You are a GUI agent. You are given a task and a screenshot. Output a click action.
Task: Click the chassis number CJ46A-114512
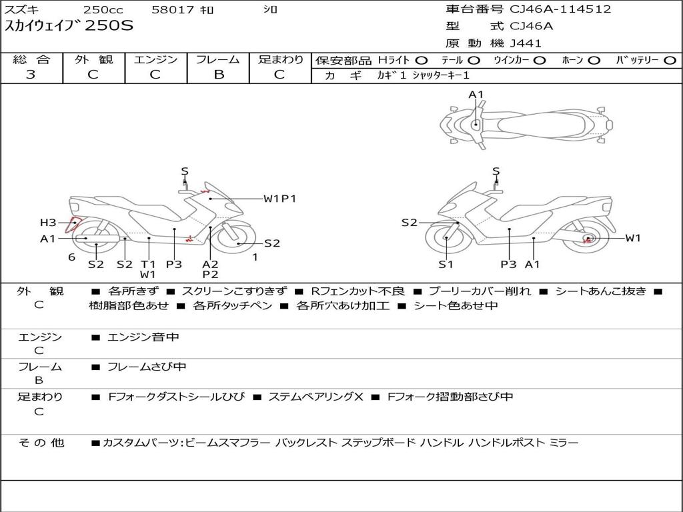(560, 9)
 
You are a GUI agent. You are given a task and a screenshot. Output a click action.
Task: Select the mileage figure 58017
(173, 9)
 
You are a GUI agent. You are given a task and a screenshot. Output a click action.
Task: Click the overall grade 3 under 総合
(31, 74)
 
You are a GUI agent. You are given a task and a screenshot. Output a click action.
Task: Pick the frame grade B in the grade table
(219, 75)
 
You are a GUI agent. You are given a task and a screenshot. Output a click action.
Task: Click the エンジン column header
(155, 59)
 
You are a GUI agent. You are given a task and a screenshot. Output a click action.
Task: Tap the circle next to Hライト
(422, 61)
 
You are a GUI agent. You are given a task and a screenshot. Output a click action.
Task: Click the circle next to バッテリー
(670, 61)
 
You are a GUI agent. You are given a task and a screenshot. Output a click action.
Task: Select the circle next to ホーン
(594, 61)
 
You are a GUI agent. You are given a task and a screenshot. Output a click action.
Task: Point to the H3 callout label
(48, 223)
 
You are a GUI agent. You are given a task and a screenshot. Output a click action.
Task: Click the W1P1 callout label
(279, 199)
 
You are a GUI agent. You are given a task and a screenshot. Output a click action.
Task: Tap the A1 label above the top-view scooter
(476, 95)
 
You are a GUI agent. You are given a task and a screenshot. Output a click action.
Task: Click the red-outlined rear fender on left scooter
(72, 224)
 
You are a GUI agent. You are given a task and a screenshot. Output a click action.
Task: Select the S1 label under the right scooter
(446, 264)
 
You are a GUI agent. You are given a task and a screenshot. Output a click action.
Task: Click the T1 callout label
(148, 264)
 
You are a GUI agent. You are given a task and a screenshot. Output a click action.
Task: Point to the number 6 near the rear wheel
(72, 257)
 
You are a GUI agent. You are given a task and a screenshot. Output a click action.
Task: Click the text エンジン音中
(143, 337)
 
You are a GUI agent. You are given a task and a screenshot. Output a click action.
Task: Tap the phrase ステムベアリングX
(315, 397)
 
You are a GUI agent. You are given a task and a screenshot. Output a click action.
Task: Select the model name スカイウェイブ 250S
(69, 26)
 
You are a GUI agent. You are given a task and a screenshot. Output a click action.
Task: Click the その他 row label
(41, 443)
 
